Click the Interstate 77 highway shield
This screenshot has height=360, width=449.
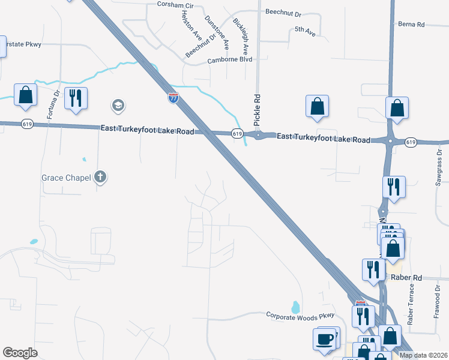click(173, 98)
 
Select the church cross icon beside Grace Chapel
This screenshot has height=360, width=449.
click(100, 177)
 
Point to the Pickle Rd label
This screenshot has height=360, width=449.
click(257, 110)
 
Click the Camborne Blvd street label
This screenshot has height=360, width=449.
click(229, 60)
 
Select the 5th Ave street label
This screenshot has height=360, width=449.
click(305, 29)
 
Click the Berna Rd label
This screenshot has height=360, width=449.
click(411, 25)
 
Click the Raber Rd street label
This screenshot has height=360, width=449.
click(406, 278)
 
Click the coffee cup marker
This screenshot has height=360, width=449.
click(325, 339)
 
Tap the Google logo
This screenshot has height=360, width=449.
click(20, 353)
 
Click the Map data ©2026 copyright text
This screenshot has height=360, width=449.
click(423, 355)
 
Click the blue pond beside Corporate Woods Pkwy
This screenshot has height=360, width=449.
click(295, 307)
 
